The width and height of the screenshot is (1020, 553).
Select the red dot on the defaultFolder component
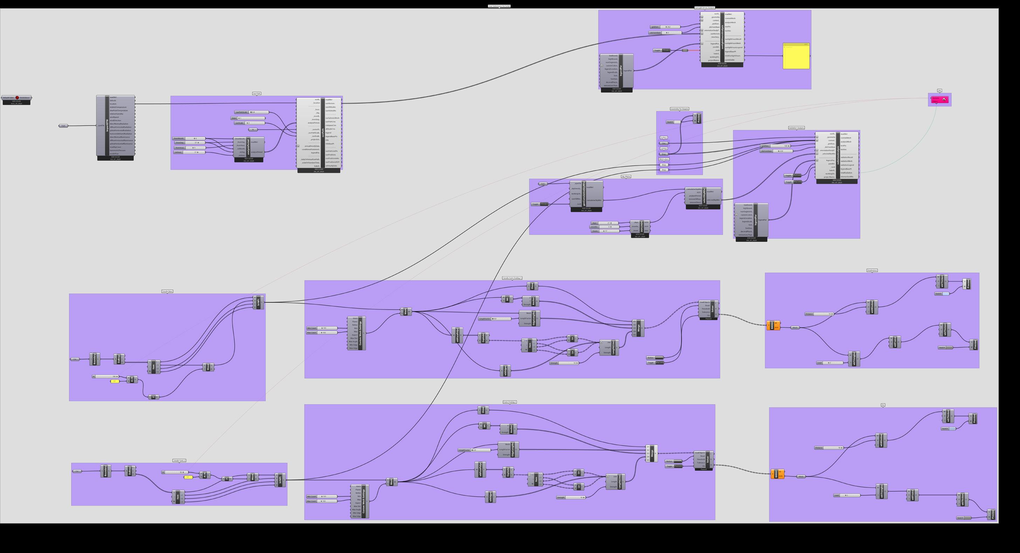(x=17, y=97)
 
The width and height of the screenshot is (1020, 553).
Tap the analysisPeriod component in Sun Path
(x=248, y=147)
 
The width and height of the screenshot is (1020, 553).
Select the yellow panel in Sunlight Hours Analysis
(x=796, y=56)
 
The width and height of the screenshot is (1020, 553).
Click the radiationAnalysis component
(x=838, y=155)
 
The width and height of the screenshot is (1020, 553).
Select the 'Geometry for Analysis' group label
(x=680, y=109)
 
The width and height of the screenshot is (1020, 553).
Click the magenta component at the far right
(x=939, y=100)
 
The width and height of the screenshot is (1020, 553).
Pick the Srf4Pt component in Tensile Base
(x=259, y=303)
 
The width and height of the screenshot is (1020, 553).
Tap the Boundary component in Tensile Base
(x=95, y=359)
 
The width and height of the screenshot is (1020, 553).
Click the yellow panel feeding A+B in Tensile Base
(x=114, y=381)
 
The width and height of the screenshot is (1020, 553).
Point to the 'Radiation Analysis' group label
(x=796, y=128)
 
